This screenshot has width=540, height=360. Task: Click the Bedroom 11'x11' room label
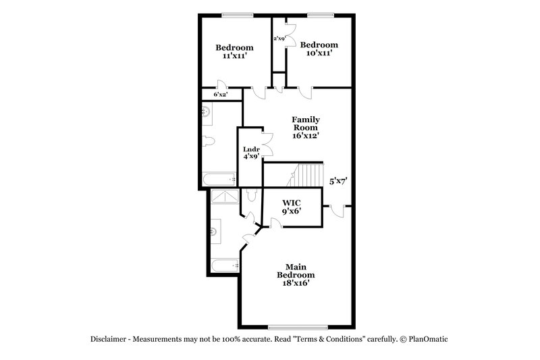tap(234, 52)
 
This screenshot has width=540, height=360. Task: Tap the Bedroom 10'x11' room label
tap(319, 49)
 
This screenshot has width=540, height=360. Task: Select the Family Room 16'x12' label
tap(305, 127)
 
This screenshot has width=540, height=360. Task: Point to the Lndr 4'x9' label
tap(251, 153)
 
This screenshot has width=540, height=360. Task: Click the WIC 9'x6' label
tap(292, 207)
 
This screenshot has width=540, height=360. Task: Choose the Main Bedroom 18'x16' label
tap(295, 275)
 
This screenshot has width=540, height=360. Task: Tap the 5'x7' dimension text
tap(337, 181)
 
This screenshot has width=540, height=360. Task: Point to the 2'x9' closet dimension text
tap(279, 38)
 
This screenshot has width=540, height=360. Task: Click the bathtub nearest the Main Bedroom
tap(223, 265)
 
